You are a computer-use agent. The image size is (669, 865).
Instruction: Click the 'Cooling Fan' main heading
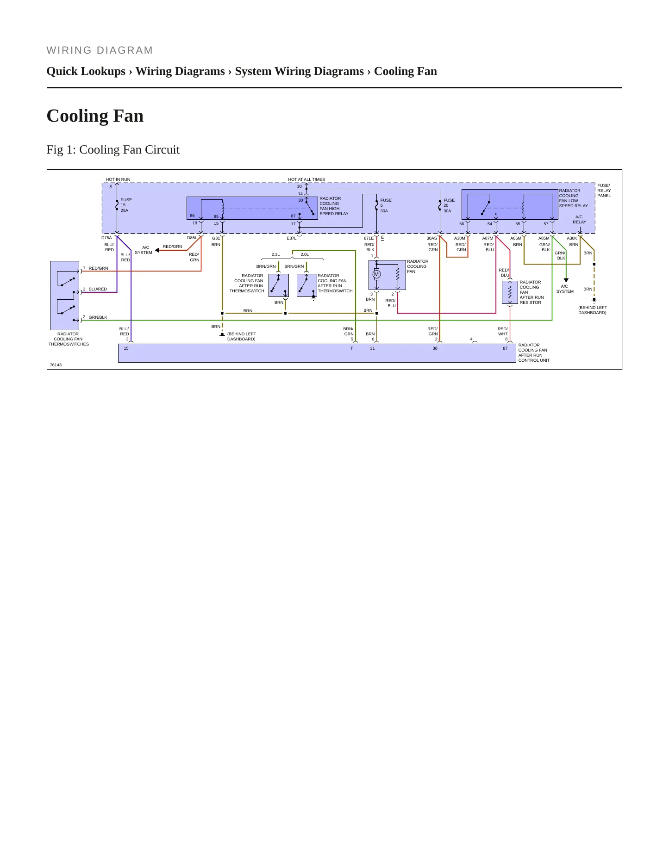pyautogui.click(x=95, y=116)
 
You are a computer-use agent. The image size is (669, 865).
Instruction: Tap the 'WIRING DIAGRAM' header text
pyautogui.click(x=100, y=50)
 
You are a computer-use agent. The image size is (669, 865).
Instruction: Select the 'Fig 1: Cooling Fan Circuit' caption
pyautogui.click(x=113, y=149)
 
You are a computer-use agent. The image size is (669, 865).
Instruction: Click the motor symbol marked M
pyautogui.click(x=376, y=274)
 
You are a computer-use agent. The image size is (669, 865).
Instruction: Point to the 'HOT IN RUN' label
pyautogui.click(x=118, y=179)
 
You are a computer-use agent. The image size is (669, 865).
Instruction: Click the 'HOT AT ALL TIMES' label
pyautogui.click(x=306, y=179)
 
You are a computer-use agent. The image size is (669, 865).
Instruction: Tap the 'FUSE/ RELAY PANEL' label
pyautogui.click(x=604, y=191)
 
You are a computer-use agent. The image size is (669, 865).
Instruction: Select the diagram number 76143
pyautogui.click(x=56, y=365)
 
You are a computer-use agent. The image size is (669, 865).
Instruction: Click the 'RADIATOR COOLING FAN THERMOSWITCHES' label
pyautogui.click(x=69, y=339)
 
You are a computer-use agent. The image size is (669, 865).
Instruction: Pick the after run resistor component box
pyautogui.click(x=510, y=292)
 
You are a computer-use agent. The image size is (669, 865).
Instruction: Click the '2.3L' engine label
pyautogui.click(x=275, y=254)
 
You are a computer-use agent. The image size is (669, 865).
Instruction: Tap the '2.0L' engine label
pyautogui.click(x=305, y=254)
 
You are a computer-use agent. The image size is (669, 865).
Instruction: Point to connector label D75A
pyautogui.click(x=106, y=238)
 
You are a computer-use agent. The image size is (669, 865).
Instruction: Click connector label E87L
pyautogui.click(x=292, y=238)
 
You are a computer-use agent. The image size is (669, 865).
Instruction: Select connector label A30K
pyautogui.click(x=572, y=238)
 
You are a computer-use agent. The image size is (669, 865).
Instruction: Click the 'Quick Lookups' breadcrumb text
pyautogui.click(x=86, y=71)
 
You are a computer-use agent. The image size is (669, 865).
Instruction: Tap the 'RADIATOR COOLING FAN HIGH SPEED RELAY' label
pyautogui.click(x=334, y=206)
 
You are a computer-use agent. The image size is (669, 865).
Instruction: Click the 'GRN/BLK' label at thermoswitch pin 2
pyautogui.click(x=98, y=317)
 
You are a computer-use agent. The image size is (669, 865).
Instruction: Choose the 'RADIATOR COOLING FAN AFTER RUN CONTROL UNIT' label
pyautogui.click(x=534, y=352)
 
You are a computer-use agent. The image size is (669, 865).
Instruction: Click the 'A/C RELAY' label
pyautogui.click(x=579, y=219)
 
